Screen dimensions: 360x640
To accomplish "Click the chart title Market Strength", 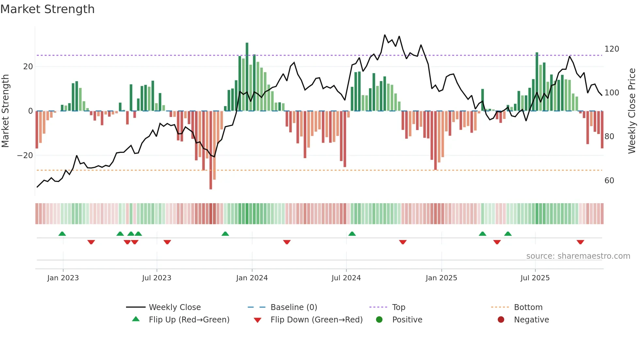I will (48, 9).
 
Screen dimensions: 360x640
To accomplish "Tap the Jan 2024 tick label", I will (252, 278).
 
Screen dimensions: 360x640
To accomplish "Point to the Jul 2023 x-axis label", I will (156, 278).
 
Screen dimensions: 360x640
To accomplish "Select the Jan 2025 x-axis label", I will (441, 278).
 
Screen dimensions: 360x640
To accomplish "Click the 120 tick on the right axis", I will (612, 49).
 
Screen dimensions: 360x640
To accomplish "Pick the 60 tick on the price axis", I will (609, 181).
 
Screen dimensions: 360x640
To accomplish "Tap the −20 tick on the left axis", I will (25, 155).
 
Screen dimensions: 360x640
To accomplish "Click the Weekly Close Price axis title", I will (632, 111).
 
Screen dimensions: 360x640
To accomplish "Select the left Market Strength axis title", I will (6, 111).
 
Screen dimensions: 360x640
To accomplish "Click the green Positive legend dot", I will (379, 320).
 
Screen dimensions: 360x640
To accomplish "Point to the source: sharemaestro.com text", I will (578, 256).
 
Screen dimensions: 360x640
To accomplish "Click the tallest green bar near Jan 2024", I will (247, 77).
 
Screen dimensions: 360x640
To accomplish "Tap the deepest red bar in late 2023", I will (211, 150).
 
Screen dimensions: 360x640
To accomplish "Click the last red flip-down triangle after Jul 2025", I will (580, 242).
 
